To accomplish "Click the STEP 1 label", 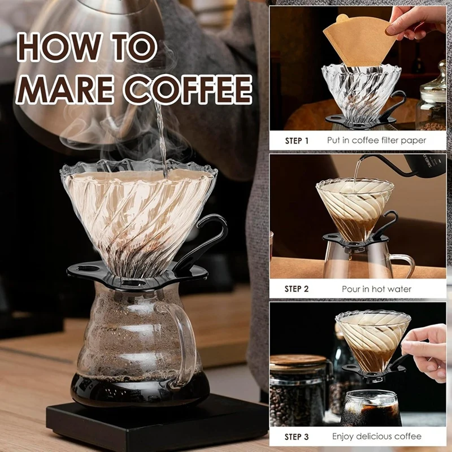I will pyautogui.click(x=297, y=140).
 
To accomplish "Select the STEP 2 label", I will pyautogui.click(x=297, y=289).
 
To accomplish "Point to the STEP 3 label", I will pyautogui.click(x=297, y=436).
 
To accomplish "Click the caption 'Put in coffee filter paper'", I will pyautogui.click(x=377, y=140).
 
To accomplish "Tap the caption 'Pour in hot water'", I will pyautogui.click(x=377, y=289).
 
